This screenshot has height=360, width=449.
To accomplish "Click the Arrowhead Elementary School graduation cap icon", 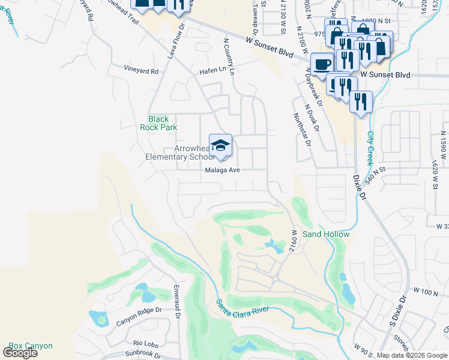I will pos(220,145).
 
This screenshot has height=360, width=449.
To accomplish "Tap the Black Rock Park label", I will pos(158,123).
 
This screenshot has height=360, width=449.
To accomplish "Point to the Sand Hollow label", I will pos(325,234).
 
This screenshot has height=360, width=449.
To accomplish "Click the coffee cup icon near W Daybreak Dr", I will pos(322,64).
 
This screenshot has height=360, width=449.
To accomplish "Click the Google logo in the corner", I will pos(20,353).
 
